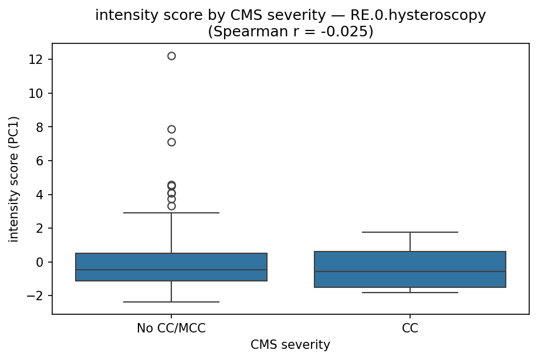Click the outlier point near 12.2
171,56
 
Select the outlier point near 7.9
171,129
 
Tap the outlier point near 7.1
171,142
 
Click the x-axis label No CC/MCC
171,328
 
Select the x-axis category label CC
410,328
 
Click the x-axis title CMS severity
290,345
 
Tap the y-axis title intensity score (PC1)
14,179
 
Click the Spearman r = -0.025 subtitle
290,31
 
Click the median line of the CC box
410,271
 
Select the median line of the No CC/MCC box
171,270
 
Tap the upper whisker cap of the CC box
410,232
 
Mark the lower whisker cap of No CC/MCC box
171,302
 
